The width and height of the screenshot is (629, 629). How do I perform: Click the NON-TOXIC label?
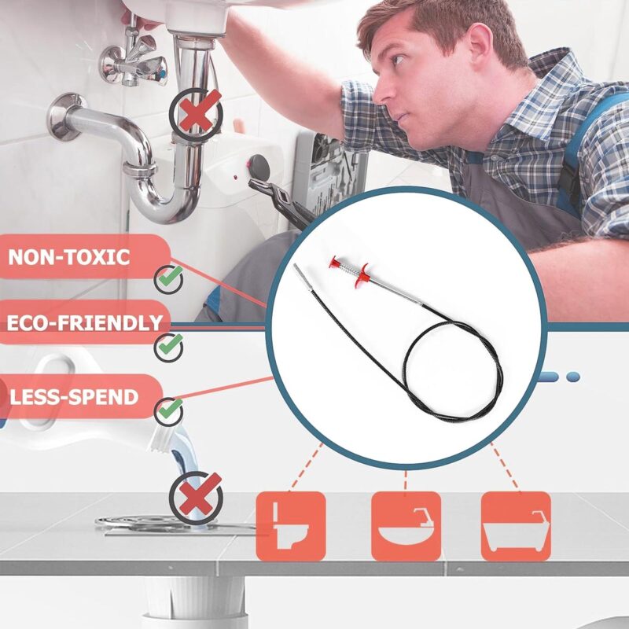point(69,257)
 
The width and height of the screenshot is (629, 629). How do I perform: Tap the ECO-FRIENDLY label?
point(85,323)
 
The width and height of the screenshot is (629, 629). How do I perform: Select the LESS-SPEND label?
point(74,397)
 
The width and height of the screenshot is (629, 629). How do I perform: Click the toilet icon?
point(291,526)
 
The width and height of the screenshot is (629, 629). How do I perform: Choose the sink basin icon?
point(406,526)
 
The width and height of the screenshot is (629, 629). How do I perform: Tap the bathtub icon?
point(516,526)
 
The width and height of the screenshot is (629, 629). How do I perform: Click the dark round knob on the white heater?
point(259,167)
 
